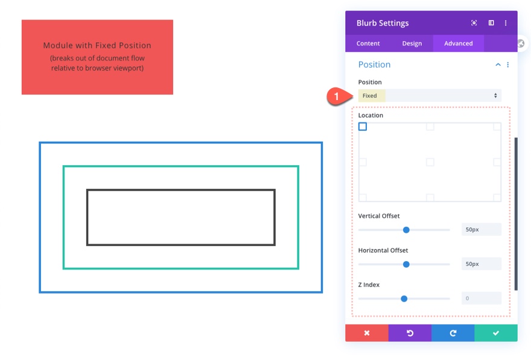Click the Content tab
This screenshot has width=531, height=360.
tap(368, 43)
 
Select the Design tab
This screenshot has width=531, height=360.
tap(412, 43)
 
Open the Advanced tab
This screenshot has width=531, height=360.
tap(459, 43)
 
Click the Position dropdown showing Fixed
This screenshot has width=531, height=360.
tap(430, 96)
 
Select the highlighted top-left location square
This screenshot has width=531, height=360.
tap(363, 127)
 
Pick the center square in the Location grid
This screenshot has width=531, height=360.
tap(430, 162)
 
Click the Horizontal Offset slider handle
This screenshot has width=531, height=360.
tap(406, 264)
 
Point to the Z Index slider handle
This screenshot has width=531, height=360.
tap(404, 298)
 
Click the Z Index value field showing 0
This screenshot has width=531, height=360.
tap(481, 298)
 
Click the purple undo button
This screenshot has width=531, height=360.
tap(410, 333)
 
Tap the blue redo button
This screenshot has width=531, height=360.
tap(453, 333)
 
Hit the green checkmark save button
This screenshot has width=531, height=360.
tap(496, 333)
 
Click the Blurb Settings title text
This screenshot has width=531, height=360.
tap(383, 23)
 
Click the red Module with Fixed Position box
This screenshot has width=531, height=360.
tap(97, 57)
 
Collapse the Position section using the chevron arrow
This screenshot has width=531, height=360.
tap(498, 65)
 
